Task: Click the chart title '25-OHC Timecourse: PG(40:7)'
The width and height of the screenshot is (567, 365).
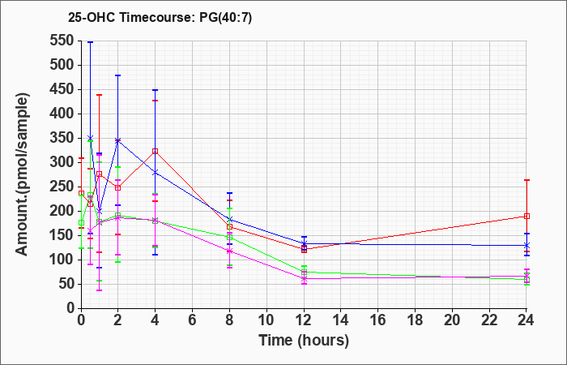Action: pos(160,17)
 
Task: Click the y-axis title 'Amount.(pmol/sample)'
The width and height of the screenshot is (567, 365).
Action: pos(23,175)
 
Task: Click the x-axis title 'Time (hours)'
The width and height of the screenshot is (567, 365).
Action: pos(304,341)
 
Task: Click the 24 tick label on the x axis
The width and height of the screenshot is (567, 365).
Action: pos(526,320)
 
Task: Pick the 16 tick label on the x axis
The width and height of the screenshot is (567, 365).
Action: pos(377,320)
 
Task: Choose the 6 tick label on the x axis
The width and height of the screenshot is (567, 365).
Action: pos(193,320)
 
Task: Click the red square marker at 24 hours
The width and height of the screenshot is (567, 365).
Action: pos(526,217)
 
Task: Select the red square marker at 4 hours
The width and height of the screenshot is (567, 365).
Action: pos(156,152)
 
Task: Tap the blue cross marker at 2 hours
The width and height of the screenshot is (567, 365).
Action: pos(118,140)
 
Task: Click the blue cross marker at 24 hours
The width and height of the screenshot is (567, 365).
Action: pos(526,245)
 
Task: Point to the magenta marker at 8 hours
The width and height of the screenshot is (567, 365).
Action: pos(229,251)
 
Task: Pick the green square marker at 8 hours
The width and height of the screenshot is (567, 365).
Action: pos(229,238)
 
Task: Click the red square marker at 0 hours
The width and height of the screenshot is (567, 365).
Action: pos(81,193)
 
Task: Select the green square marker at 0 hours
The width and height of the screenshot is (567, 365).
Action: pos(81,223)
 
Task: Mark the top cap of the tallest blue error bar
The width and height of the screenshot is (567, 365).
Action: pos(91,42)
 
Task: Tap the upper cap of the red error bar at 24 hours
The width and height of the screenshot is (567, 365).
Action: pos(526,180)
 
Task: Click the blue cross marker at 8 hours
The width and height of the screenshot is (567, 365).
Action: pos(229,220)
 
